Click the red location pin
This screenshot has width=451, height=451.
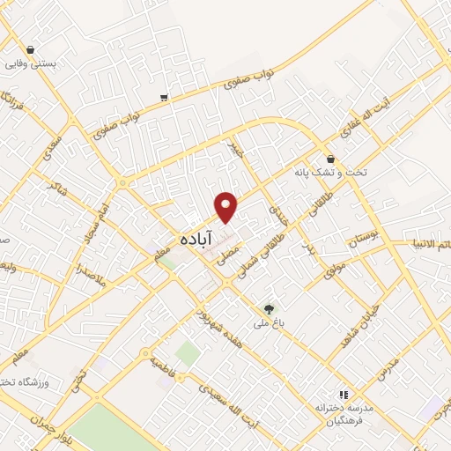coord(227,207)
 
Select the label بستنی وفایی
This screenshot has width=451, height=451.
coord(31,64)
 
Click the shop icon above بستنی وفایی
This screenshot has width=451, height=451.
coord(31,50)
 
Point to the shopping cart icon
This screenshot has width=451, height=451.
coord(165,97)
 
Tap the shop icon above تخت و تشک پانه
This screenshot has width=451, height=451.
coord(330,159)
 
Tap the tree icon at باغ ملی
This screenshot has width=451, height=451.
coord(269,309)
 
